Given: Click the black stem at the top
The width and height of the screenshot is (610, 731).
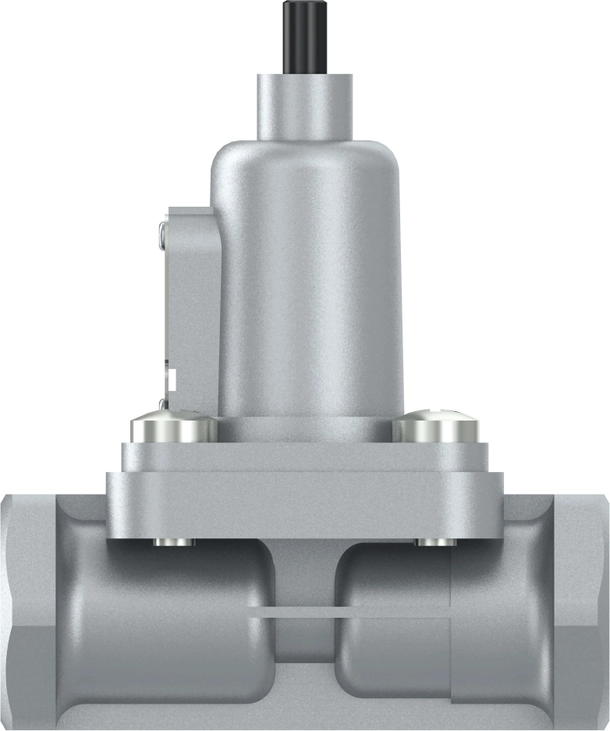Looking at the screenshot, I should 304,36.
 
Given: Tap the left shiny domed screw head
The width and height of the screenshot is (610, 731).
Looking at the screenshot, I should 173,428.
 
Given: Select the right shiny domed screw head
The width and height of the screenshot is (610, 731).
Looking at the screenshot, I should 434,428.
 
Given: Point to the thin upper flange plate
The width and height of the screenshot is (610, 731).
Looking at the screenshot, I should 304,457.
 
